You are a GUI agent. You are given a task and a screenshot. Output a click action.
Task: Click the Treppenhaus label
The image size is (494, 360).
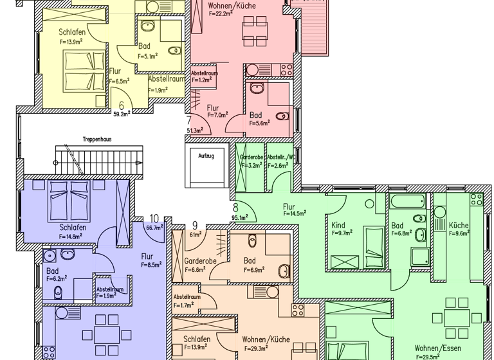pos(93,139)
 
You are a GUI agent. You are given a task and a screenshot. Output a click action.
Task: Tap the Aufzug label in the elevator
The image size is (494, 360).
pos(206,156)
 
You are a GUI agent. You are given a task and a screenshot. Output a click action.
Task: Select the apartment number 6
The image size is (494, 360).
pos(121,106)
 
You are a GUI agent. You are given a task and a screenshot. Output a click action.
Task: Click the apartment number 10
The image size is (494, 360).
pos(154,218)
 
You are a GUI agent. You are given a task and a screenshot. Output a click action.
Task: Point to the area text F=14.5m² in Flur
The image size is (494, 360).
pos(294,213)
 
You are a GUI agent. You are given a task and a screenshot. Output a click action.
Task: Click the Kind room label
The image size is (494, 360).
pos(338,226)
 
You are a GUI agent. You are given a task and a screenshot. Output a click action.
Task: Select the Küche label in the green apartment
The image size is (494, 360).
pos(459,226)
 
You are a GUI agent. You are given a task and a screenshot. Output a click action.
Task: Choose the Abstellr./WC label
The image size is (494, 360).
pos(281,157)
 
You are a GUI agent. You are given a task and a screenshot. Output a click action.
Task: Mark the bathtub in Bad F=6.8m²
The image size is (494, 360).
pos(407,201)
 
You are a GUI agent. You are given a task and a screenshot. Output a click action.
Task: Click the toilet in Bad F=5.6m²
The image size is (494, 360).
pos(281,116)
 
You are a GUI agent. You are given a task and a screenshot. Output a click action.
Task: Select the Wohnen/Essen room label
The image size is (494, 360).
pos(437,348)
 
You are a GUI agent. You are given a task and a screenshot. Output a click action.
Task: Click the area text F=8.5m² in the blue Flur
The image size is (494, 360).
pos(151,263)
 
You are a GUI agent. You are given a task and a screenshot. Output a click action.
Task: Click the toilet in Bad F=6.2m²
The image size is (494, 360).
pos(59,293)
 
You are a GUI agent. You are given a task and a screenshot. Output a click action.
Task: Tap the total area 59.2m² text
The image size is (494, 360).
pos(122,114)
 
